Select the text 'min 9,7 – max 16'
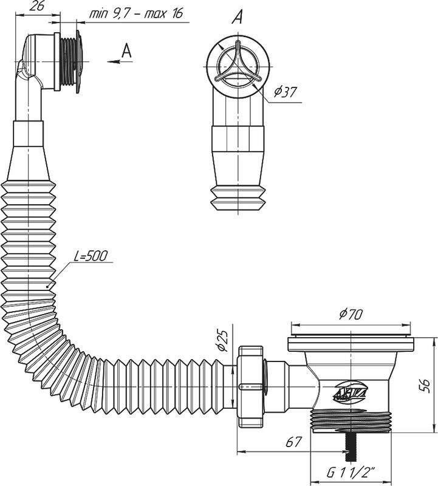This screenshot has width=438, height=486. coord(136,13)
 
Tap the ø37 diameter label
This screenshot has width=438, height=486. coord(285,92)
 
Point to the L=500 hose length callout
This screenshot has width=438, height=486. coord(91,256)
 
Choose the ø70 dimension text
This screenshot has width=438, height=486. coord(351,315)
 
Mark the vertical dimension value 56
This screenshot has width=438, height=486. coord(426,386)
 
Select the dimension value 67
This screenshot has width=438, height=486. coord(293,442)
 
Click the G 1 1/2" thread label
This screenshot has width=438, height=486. coord(351,473)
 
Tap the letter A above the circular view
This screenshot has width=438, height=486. coord(237,17)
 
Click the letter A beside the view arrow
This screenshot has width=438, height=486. coord(126,50)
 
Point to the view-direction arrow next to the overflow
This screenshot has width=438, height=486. coord(120,62)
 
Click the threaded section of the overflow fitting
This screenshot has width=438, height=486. coord(67,61)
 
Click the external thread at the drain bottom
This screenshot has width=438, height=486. coord(351,420)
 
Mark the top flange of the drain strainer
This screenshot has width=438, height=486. coord(351,343)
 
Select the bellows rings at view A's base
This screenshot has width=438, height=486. coord(238,199)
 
